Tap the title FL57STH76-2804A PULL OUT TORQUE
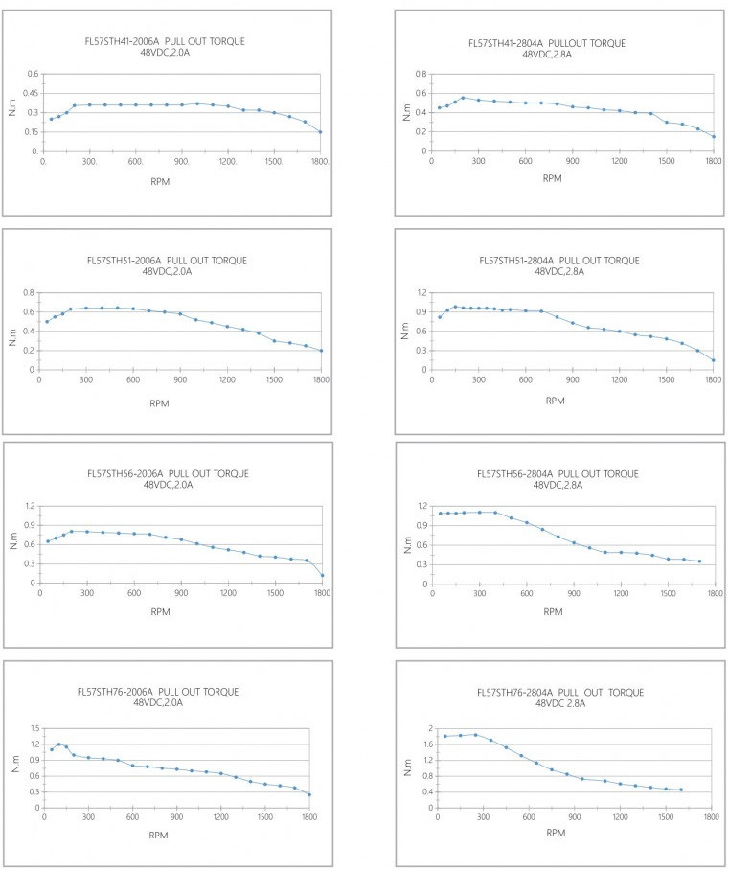coord(559,692)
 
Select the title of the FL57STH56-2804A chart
coord(559,473)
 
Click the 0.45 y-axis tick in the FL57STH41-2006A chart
coord(32,94)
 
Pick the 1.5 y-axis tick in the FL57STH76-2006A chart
coord(32,729)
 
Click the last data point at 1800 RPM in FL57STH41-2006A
coord(320,132)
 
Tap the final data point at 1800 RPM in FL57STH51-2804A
coord(714,360)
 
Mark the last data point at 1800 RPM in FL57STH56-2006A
coord(323,576)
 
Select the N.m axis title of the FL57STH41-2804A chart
coord(406,111)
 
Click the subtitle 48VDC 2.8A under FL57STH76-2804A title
coord(559,703)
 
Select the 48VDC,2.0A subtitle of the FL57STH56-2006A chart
coord(168,485)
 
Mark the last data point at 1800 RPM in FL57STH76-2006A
coord(309,794)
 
